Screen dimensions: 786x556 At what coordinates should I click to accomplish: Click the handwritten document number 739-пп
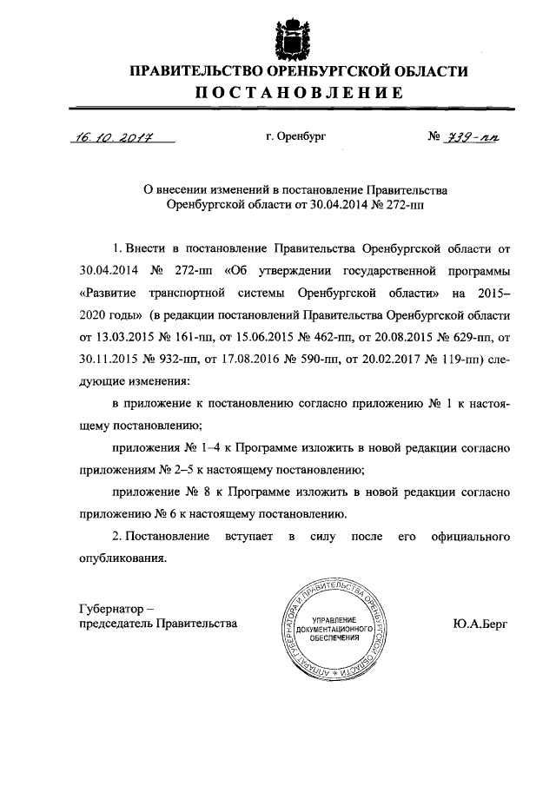[473, 136]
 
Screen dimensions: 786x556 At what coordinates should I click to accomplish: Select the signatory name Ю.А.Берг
[480, 623]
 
